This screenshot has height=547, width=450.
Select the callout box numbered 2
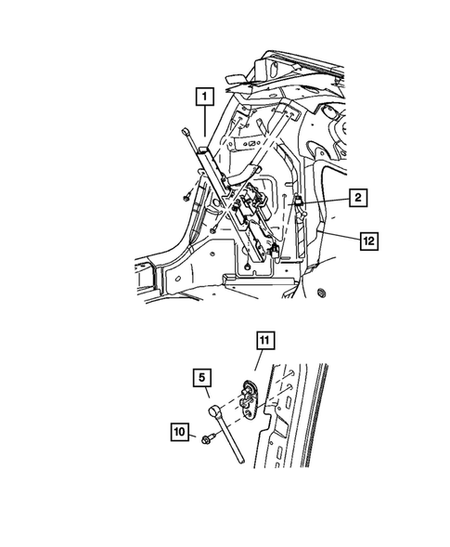pyautogui.click(x=356, y=198)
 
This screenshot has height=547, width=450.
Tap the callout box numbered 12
pyautogui.click(x=368, y=239)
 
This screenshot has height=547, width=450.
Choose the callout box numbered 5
pyautogui.click(x=199, y=378)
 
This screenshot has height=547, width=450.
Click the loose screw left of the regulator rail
pyautogui.click(x=187, y=195)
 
